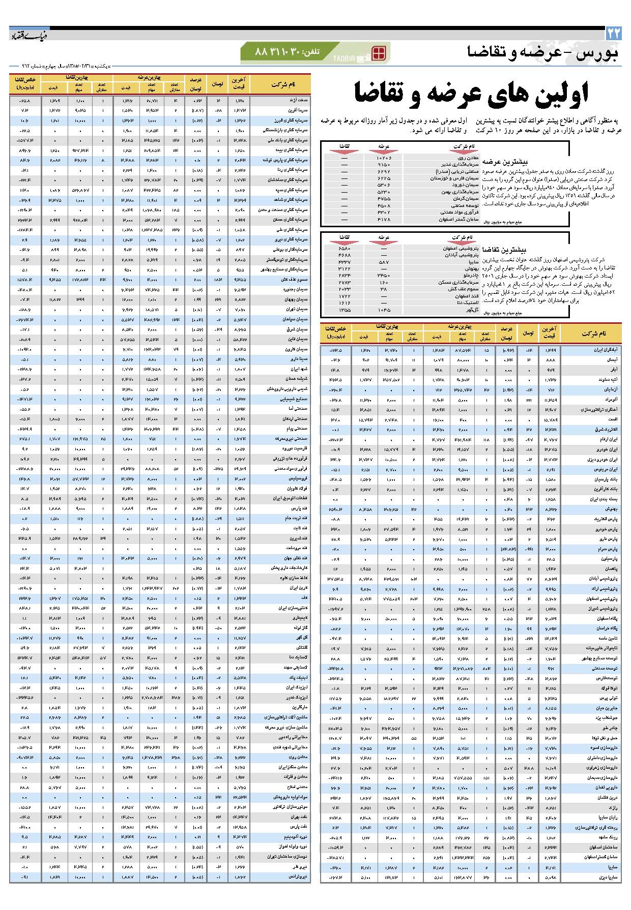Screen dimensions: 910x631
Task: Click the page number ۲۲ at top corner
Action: click(x=614, y=34)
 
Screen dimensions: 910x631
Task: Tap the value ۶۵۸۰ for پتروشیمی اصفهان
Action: click(x=345, y=249)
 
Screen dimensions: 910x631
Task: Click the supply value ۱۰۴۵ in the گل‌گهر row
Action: click(x=384, y=310)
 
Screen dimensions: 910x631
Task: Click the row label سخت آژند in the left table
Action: click(x=300, y=101)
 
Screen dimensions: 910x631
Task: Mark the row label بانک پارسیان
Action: click(x=606, y=479)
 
